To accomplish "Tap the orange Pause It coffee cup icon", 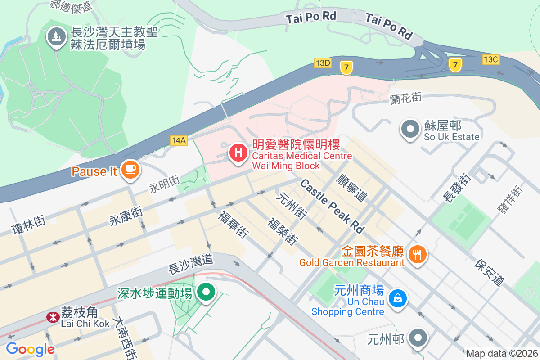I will tap(130, 170).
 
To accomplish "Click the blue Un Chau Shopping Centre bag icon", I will tap(398, 298).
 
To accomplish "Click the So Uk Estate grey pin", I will tap(410, 129).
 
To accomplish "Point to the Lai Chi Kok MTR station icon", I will tap(53, 317).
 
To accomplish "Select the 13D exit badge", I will tap(323, 63).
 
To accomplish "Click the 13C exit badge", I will tap(490, 59).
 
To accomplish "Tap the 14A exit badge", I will tap(179, 140).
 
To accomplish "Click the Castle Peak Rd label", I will tap(332, 206).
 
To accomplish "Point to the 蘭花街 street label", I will tap(406, 97).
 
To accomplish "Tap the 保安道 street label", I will tap(489, 272).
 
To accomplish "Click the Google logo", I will tap(30, 349).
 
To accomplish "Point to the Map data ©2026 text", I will tap(501, 353).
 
